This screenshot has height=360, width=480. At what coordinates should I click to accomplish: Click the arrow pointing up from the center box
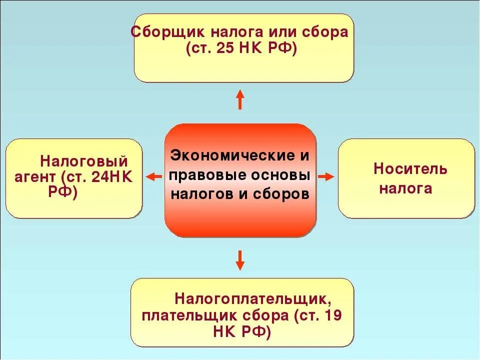pyautogui.click(x=240, y=99)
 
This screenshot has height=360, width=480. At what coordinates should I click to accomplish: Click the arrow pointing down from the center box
pyautogui.click(x=240, y=259)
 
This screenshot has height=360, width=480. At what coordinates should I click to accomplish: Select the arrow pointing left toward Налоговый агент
pyautogui.click(x=154, y=176)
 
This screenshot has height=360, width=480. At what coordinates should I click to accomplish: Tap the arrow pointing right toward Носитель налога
pyautogui.click(x=326, y=176)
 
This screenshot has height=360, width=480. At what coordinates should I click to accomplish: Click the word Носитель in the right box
pyautogui.click(x=410, y=169)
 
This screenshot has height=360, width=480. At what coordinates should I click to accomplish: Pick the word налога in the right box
pyautogui.click(x=405, y=188)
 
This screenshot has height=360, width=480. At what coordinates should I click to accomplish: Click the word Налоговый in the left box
pyautogui.click(x=84, y=161)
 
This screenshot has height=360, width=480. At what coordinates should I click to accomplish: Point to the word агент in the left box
pyautogui.click(x=33, y=177)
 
